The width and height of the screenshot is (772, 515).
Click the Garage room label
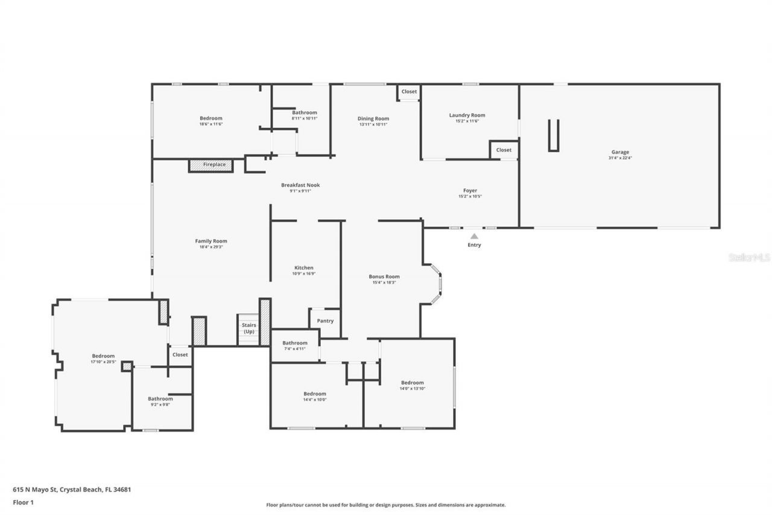620,152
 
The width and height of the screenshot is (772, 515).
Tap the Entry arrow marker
475,237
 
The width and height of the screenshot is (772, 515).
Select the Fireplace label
214,164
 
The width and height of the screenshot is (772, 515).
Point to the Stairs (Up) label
249,328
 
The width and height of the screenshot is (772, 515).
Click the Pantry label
325,321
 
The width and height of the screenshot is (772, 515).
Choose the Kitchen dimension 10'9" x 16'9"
304,273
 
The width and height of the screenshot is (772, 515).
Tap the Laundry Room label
467,115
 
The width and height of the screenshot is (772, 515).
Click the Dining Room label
373,119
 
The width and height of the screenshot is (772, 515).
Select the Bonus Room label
384,277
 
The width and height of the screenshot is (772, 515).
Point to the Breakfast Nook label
300,185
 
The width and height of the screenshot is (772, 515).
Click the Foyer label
470,191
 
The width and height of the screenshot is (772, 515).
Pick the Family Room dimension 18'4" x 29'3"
211,247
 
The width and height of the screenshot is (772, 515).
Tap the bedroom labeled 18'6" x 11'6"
211,118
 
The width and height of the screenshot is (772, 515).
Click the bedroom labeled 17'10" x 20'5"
103,356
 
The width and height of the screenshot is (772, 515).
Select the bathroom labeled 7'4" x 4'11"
295,343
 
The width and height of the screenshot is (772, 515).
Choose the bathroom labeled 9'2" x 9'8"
160,399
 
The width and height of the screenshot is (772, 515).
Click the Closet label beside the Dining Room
409,92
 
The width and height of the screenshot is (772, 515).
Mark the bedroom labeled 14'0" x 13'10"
413,383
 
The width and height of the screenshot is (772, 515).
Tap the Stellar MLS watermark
749,257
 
